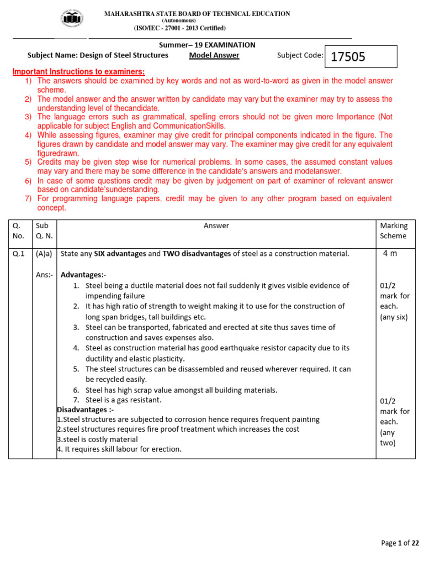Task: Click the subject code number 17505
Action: coord(348,57)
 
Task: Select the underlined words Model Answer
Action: coord(214,55)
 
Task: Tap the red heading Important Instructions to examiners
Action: coord(79,72)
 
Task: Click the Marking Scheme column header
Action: coord(394,230)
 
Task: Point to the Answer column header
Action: coord(216,226)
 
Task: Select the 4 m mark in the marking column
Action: coord(390,253)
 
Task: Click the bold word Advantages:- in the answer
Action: coord(83,275)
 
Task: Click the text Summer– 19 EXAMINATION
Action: coord(208,45)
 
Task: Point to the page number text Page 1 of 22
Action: coord(400,543)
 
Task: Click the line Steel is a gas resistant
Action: coord(123,400)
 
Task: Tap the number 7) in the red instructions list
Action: coord(28,198)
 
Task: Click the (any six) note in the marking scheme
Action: coord(394,317)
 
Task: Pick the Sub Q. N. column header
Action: coord(44,230)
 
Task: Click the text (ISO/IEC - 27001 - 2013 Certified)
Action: coord(179,28)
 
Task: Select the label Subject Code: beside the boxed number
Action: coord(300,55)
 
